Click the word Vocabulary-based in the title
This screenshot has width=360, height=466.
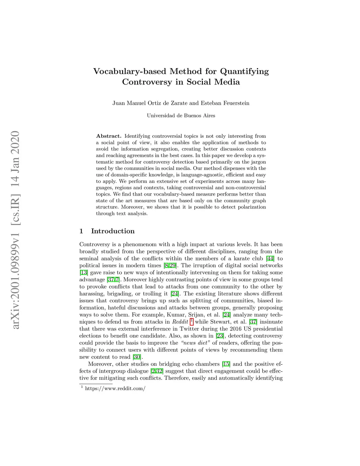click(x=130, y=71)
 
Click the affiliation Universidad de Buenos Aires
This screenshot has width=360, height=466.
click(x=181, y=115)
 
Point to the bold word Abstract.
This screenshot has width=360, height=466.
click(x=109, y=136)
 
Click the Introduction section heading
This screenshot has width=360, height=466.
click(x=112, y=231)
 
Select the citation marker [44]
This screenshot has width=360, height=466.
click(x=270, y=258)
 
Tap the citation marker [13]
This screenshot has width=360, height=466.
click(x=83, y=273)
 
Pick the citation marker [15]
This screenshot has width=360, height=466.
click(x=226, y=364)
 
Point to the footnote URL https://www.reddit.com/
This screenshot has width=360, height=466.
click(x=115, y=388)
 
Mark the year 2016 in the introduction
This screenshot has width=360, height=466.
click(x=236, y=329)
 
